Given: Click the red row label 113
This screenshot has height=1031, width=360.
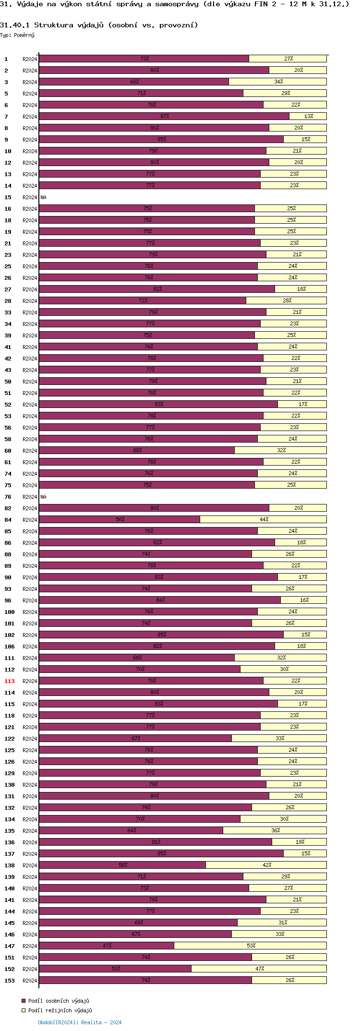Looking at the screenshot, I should click(x=10, y=681).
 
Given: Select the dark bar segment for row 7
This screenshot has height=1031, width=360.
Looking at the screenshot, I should click(x=164, y=116).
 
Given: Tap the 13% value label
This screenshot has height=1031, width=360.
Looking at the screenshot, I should click(x=308, y=116).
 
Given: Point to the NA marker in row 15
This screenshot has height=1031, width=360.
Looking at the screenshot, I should click(x=43, y=197).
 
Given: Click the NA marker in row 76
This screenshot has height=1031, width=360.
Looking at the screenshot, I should click(x=43, y=497).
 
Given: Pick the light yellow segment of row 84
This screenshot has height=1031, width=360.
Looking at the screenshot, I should click(x=263, y=519).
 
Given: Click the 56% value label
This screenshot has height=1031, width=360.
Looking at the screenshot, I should click(x=120, y=519).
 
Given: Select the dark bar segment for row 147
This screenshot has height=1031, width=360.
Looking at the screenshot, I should click(x=107, y=946).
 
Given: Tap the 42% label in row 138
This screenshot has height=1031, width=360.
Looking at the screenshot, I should click(x=267, y=865).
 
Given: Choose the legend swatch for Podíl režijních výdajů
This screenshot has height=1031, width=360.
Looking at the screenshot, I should click(x=23, y=1010).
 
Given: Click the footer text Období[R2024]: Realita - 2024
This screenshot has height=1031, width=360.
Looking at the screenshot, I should click(x=80, y=1022).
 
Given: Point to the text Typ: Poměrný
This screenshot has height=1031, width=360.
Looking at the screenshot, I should click(x=17, y=35).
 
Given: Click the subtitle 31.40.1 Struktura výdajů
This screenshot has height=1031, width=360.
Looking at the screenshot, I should click(x=99, y=25).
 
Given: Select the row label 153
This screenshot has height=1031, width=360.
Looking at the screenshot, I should click(x=10, y=981).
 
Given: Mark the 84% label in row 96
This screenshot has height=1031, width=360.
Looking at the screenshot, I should click(x=160, y=600).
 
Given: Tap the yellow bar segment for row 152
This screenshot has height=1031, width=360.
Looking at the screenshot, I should click(x=259, y=969).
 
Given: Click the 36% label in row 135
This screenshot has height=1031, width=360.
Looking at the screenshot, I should click(x=276, y=830).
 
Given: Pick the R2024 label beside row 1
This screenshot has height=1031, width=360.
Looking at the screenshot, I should click(x=30, y=59).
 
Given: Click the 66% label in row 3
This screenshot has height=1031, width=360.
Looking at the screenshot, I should click(x=134, y=82).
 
